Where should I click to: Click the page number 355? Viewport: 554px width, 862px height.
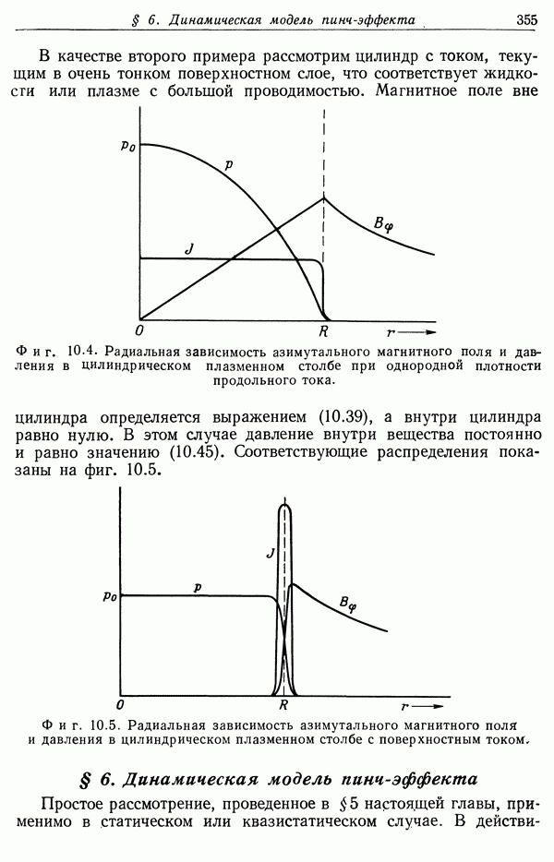(527, 18)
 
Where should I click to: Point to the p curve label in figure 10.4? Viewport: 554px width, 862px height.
(228, 165)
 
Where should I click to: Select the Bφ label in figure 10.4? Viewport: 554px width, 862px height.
(383, 222)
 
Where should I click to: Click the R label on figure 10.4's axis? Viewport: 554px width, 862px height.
(323, 329)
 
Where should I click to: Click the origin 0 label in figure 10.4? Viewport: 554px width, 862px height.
(138, 330)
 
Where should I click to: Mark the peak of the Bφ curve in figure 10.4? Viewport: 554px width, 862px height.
(324, 198)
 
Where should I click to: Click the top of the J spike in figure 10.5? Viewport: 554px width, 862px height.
(284, 506)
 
